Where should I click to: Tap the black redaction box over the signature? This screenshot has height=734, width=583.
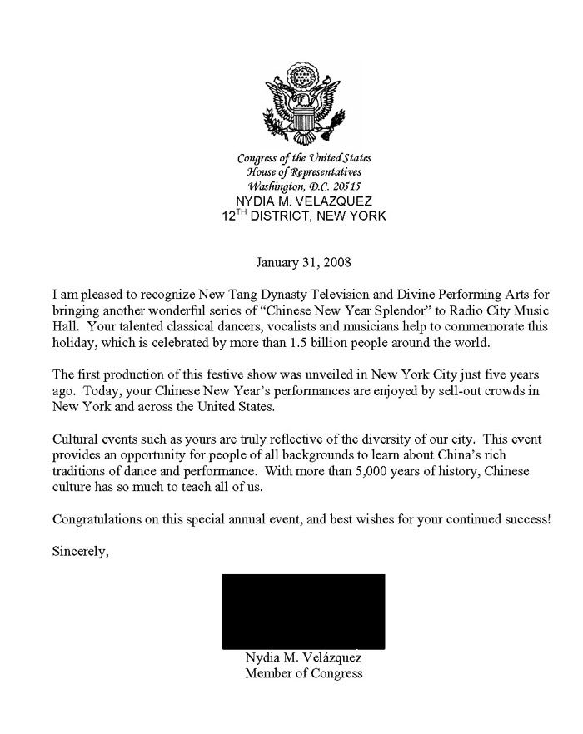303,611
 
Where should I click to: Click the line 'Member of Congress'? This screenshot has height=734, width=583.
303,673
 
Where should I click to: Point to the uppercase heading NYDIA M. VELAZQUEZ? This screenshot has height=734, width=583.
304,201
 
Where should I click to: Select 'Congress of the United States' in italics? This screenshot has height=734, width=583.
304,158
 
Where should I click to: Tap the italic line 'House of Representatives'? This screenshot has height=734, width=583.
304,172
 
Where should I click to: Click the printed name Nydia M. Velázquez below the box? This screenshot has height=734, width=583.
303,658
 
